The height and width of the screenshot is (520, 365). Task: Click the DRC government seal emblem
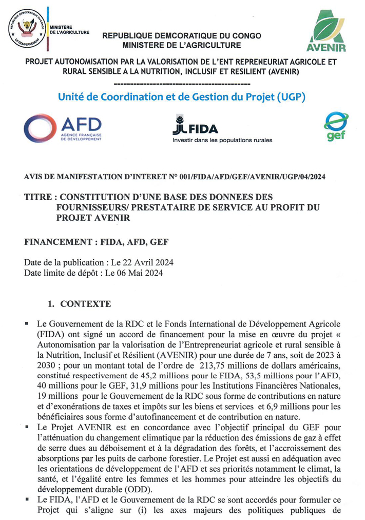26,30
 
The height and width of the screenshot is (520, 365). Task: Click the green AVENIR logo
329,31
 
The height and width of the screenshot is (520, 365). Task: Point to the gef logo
336,126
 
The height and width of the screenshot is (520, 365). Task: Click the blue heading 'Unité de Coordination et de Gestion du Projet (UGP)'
182,97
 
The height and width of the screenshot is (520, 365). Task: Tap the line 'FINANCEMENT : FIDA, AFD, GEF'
97,242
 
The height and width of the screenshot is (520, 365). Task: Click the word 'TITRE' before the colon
39,197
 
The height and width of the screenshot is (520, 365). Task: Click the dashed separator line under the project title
182,83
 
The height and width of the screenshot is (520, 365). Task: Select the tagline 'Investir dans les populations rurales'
222,140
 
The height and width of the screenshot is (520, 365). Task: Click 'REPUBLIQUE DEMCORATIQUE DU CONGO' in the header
182,36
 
